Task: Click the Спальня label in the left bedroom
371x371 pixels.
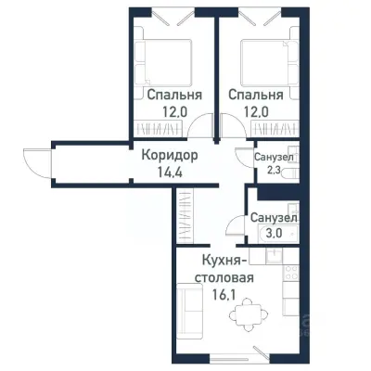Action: pos(167,95)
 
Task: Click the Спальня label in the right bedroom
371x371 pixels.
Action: pos(253,95)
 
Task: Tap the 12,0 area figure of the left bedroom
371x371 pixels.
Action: pos(167,111)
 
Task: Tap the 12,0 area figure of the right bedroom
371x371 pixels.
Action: pos(253,111)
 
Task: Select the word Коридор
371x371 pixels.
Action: pos(169,157)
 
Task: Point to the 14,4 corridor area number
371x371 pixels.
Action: pos(169,173)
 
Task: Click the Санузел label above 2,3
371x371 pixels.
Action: pos(274,158)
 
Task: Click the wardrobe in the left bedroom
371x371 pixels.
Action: pos(167,128)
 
